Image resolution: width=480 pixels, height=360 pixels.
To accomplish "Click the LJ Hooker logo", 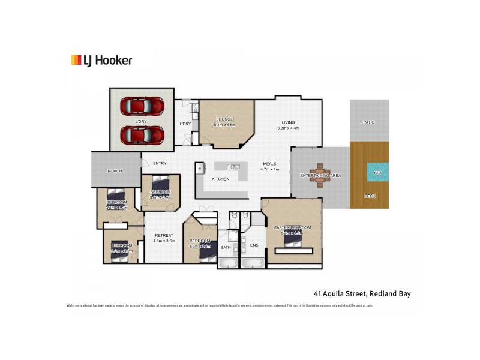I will (101, 60).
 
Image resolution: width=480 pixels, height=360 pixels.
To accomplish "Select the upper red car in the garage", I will (142, 106).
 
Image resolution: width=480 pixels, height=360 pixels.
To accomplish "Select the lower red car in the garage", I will (142, 134).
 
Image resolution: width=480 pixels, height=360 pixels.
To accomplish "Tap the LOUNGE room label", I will (226, 119).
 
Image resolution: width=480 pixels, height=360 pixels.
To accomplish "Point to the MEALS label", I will (269, 163).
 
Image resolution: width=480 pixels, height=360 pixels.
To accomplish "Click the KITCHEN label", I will (220, 179).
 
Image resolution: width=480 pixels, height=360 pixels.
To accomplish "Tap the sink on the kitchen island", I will (235, 166).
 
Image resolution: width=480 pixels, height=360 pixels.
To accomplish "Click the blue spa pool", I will (377, 172).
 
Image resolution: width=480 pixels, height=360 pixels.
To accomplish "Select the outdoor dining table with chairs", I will (320, 175).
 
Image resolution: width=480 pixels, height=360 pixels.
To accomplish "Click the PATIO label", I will (369, 122).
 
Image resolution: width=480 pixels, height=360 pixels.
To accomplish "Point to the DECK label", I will (370, 196).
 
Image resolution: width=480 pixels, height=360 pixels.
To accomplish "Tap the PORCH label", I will (115, 171).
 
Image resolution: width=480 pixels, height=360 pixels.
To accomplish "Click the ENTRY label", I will (160, 163).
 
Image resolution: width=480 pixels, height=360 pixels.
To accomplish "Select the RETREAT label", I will (164, 235).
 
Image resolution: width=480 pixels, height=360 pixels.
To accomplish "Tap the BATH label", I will (226, 247).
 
